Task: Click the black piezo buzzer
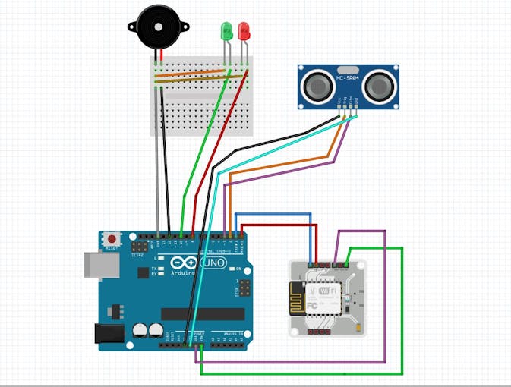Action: point(158,27)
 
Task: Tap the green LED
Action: point(226,32)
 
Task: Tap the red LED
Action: point(244,31)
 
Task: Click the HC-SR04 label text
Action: point(348,70)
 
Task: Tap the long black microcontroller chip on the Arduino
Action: point(202,313)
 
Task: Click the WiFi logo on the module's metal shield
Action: point(328,291)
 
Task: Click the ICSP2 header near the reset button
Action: point(140,247)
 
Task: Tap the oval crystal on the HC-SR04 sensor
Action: point(348,78)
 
